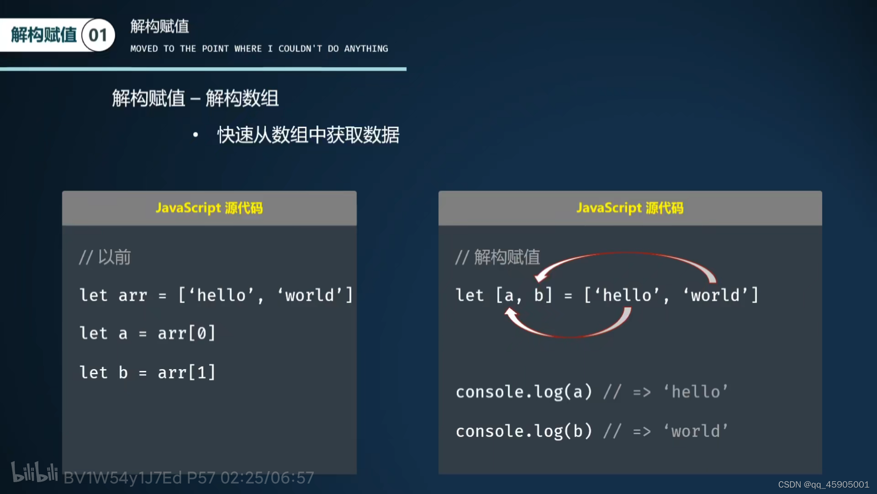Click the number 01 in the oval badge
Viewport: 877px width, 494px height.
(98, 35)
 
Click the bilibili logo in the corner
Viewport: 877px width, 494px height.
(34, 473)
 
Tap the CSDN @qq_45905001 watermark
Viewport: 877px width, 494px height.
(823, 484)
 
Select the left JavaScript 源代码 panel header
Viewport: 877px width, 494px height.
(209, 208)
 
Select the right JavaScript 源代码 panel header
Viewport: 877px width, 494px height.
(630, 208)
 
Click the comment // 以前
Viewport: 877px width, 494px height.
(105, 258)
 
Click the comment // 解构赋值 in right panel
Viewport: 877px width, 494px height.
(497, 258)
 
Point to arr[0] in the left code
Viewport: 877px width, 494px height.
(186, 333)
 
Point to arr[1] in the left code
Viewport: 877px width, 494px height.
(186, 373)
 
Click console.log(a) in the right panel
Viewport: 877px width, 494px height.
(524, 392)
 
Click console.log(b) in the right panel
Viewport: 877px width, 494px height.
(524, 431)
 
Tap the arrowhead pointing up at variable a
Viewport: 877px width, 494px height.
(511, 313)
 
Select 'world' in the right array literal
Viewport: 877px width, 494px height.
(715, 295)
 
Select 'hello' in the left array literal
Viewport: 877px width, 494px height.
(221, 295)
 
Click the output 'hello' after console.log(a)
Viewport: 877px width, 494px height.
(695, 392)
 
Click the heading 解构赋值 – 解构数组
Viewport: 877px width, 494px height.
(195, 98)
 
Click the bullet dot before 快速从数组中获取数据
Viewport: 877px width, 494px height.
(195, 135)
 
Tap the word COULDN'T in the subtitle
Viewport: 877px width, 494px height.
(300, 49)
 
